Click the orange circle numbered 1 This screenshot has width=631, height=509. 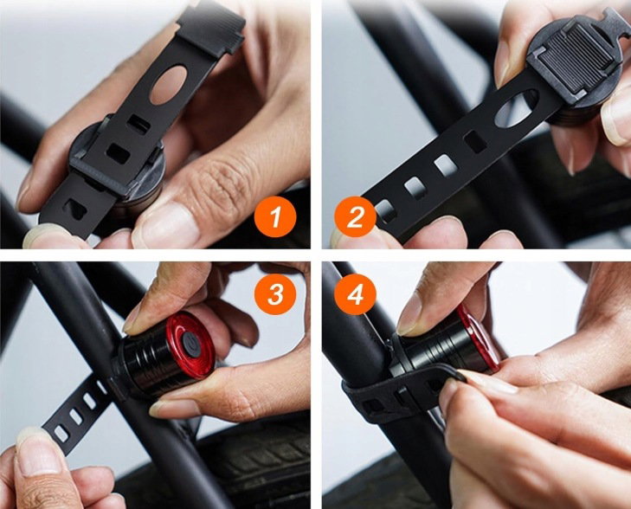[275, 217]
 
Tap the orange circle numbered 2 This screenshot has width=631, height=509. [355, 217]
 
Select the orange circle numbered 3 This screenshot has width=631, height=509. [275, 295]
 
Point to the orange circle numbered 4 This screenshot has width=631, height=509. [355, 295]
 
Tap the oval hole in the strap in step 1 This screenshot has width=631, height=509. [170, 85]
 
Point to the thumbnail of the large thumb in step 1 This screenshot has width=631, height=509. [165, 224]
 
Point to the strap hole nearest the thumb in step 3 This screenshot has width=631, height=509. [61, 434]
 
